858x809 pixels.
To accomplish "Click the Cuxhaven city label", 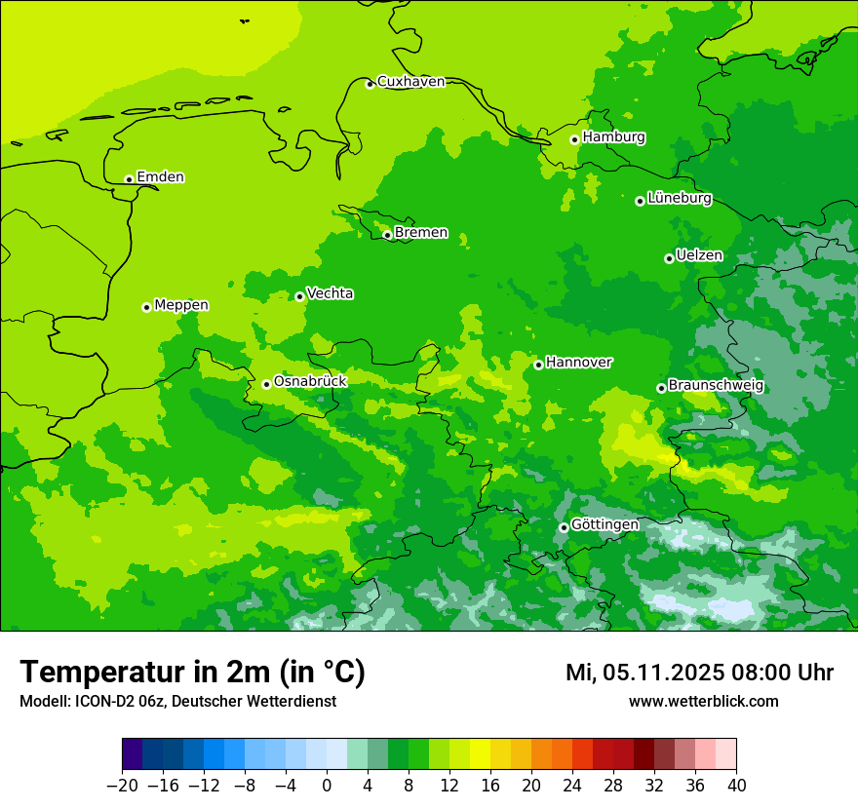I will [410, 82].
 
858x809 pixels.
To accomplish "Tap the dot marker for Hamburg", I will [574, 139].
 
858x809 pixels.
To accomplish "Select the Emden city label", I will [160, 177].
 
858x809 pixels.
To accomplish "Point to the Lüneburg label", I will [679, 198].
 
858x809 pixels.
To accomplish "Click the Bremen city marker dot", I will [387, 235].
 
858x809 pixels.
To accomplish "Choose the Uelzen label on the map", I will [699, 256].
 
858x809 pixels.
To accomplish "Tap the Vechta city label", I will [330, 293].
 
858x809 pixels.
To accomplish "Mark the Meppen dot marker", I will [146, 307].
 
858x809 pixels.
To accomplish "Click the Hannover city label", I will [578, 363].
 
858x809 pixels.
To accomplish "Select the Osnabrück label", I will [309, 382].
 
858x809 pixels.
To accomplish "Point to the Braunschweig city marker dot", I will [661, 388].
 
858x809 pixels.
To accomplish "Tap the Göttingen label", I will [604, 525].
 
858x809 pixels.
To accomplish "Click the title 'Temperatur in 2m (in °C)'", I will [192, 673].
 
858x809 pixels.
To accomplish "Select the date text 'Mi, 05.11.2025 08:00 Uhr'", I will [699, 673].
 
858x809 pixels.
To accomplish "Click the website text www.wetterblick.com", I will [703, 702].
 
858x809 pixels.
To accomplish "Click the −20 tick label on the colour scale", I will [122, 786].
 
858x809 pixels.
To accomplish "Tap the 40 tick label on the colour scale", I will [736, 786].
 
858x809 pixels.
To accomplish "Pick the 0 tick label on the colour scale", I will [327, 786].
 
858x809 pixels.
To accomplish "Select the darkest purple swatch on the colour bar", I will [132, 754].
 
